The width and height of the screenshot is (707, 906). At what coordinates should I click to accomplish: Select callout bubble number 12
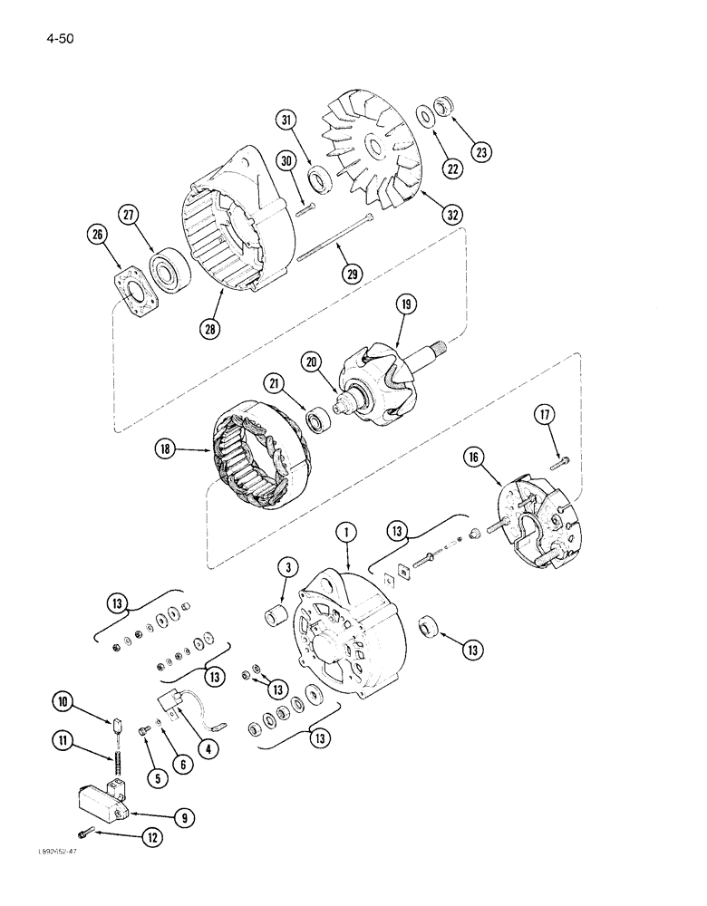[152, 838]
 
